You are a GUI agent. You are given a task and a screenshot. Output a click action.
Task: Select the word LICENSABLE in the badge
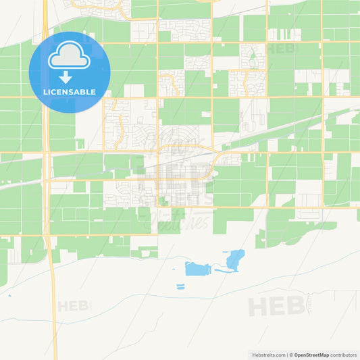(70, 92)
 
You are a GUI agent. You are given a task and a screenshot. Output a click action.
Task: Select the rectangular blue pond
(197, 269)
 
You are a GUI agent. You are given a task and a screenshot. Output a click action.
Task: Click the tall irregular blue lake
(236, 259)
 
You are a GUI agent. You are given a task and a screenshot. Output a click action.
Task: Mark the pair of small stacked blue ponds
(180, 286)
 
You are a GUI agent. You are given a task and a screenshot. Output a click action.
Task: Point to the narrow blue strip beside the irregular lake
(222, 271)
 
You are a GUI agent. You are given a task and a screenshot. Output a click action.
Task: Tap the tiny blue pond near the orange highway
(9, 294)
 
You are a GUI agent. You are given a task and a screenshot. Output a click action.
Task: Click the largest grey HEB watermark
(277, 307)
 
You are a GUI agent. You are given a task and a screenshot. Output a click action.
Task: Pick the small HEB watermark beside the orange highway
(74, 306)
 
